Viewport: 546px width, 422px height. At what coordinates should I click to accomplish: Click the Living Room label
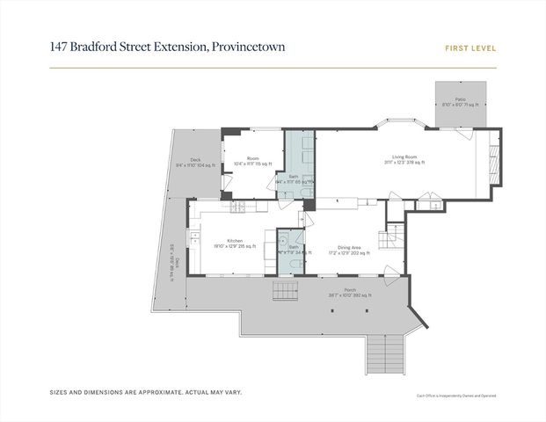404,158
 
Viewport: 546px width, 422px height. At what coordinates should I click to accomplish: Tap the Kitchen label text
235,241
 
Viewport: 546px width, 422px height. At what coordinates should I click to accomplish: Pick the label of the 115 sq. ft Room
252,158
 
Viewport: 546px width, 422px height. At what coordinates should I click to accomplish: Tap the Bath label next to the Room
293,176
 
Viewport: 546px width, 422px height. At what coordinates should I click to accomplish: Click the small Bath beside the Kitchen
293,247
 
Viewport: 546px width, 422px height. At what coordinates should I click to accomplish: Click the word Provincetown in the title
249,47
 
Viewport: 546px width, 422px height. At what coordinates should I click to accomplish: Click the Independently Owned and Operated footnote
457,397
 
